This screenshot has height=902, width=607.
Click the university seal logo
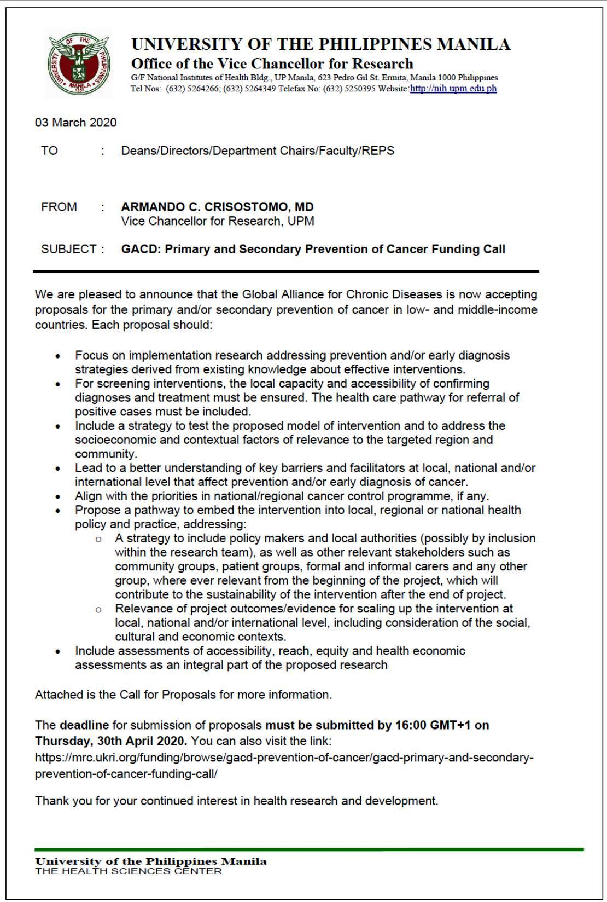click(x=79, y=63)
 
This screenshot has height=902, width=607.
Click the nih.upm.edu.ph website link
click(x=453, y=88)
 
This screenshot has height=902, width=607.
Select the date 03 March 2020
click(x=76, y=122)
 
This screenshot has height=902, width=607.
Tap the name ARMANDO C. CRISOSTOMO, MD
click(x=217, y=207)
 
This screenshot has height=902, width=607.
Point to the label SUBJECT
click(x=69, y=250)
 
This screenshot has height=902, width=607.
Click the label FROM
click(x=59, y=207)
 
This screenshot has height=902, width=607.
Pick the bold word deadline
click(x=84, y=725)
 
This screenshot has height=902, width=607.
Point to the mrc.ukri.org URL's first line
click(x=284, y=758)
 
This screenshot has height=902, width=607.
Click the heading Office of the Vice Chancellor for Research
click(x=272, y=63)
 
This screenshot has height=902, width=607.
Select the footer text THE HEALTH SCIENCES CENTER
click(x=129, y=871)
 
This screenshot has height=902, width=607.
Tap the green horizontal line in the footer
click(x=309, y=849)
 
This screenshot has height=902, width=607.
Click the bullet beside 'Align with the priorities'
click(x=58, y=497)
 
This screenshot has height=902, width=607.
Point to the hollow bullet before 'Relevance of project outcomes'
click(x=98, y=609)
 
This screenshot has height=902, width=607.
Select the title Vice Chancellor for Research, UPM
click(x=218, y=221)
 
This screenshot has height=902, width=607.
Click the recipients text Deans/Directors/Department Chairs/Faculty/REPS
click(x=258, y=151)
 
